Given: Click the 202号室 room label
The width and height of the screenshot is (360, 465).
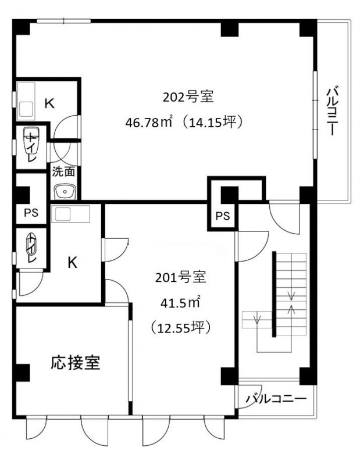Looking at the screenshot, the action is point(188,96).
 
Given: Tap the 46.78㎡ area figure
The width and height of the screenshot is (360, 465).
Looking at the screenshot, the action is point(149,121).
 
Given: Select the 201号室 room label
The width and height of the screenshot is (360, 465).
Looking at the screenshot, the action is point(181,277).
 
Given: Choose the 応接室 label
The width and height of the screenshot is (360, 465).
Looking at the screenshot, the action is point(76,362).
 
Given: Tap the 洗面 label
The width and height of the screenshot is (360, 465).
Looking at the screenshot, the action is point(63,171).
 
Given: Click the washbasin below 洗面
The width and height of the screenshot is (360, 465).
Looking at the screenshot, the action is point(65,192).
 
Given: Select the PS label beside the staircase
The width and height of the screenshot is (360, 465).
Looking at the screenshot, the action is point(223,216).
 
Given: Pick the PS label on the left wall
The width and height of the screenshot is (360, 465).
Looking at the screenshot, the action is point(31,213).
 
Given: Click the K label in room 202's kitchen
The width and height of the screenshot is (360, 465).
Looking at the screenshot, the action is point(49,103).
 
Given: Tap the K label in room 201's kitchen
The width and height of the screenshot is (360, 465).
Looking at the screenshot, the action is point(73,262).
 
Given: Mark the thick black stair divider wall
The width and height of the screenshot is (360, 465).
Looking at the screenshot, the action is point(275,294).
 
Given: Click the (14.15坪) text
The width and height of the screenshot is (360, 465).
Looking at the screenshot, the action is point(213,121).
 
